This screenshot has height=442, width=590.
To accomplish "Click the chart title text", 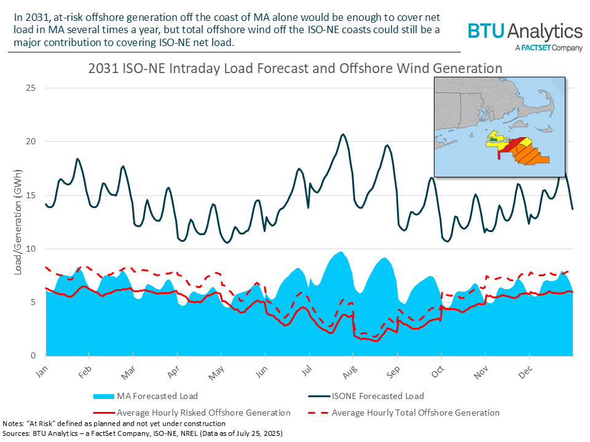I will [295, 68].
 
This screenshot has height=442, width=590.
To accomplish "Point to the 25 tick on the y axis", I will [29, 88].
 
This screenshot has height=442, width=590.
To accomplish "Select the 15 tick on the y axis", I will [29, 195].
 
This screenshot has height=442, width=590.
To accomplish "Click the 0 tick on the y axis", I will [31, 356].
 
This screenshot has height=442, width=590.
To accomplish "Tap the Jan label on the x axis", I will [41, 371].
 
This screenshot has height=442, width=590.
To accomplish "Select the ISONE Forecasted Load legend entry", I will [377, 395].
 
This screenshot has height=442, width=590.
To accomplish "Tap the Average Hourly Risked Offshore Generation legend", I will [203, 413].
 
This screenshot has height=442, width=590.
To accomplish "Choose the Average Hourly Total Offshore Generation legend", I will [415, 413].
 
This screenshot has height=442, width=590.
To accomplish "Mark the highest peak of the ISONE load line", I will [343, 134].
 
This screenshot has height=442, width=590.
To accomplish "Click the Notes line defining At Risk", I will [114, 424].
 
